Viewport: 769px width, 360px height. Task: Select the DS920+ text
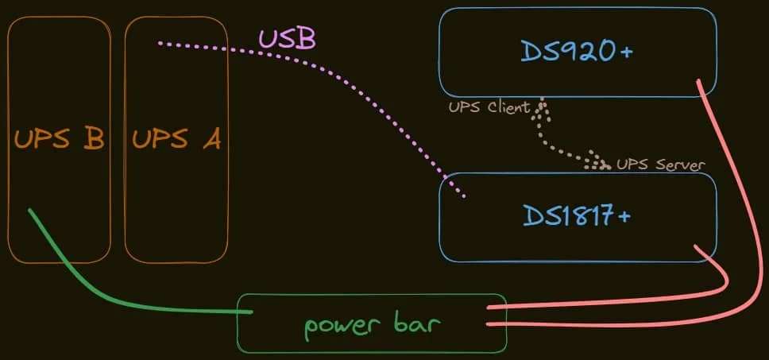pos(577,51)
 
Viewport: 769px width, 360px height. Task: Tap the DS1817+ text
pos(577,215)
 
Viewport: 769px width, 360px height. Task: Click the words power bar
pos(372,325)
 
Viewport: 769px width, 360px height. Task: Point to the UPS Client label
pos(488,107)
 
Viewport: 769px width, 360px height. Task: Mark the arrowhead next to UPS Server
pos(596,164)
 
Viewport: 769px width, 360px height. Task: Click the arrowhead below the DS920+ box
pos(543,106)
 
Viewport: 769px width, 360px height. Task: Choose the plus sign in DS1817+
pos(624,215)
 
